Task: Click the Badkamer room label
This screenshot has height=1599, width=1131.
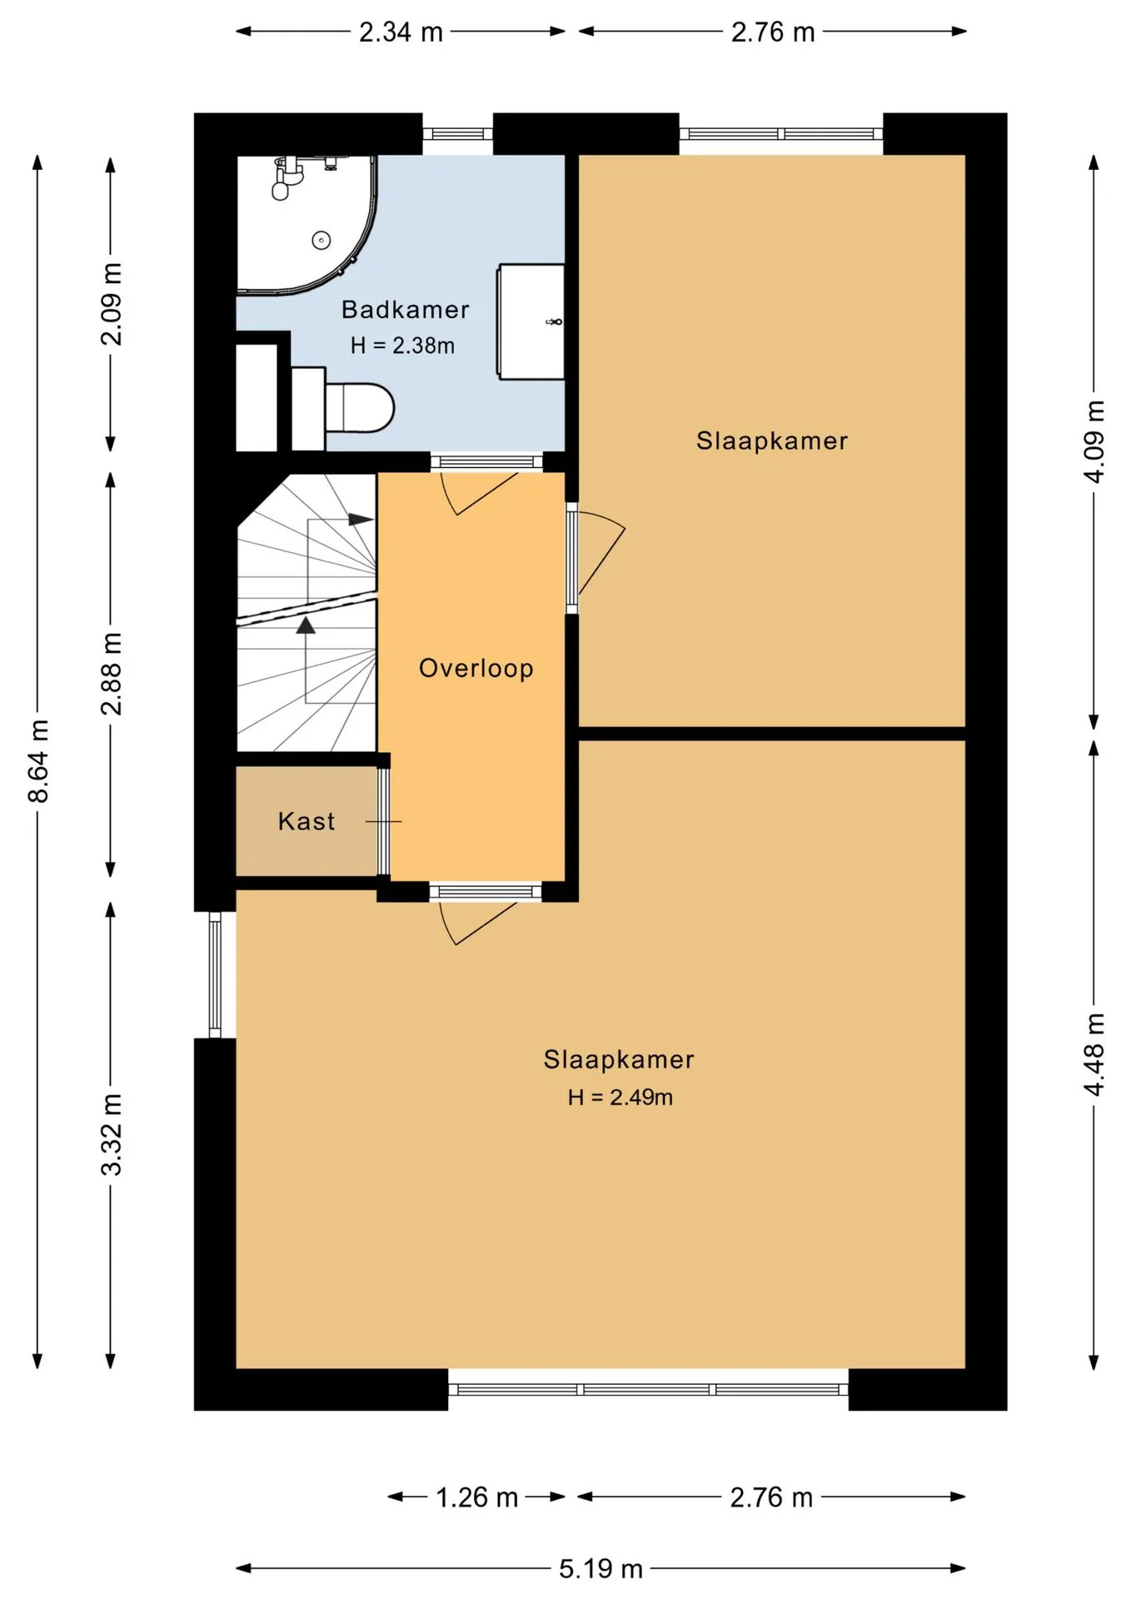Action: pos(405,310)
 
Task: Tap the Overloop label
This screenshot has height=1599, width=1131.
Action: pos(476,668)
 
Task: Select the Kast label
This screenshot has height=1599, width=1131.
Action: pos(306,821)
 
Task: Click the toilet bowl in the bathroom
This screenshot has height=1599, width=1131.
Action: pos(359,407)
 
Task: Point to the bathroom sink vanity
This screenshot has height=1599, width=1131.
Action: pos(531,321)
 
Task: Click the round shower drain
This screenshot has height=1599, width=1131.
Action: pos(321,241)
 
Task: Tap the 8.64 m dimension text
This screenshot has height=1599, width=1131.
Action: pos(38,761)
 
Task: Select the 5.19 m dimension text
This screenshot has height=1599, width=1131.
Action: pos(600,1569)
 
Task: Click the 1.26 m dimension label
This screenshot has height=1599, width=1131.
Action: pos(477,1497)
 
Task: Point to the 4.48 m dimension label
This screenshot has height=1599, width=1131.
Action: pos(1094,1054)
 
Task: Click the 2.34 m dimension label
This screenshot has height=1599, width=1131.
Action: pos(401,32)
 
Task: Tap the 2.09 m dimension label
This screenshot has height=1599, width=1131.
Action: pos(111,304)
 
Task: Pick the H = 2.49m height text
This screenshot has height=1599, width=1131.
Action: pos(620,1097)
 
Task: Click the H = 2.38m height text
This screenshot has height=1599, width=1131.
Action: pos(402,345)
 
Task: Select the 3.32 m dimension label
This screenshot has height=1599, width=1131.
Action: pos(111,1134)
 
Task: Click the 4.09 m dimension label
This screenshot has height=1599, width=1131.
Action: pos(1094,441)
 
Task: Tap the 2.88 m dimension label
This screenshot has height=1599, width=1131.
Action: pos(111,673)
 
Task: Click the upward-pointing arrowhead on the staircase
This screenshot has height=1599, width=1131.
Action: pos(306,625)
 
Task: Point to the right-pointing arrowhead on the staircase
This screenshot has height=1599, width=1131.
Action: pos(361,519)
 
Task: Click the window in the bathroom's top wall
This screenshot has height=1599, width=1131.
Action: pos(458,133)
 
